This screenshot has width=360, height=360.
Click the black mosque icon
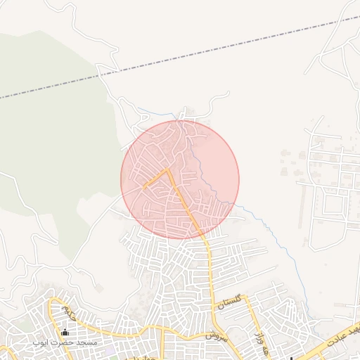coord(65,333)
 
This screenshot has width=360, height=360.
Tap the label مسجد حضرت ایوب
coord(65,342)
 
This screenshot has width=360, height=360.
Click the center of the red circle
coord(180,179)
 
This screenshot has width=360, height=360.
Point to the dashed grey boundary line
coord(211,51)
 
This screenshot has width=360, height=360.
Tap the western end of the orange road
coord(143,188)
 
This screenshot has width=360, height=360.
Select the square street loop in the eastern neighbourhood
coord(331,204)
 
